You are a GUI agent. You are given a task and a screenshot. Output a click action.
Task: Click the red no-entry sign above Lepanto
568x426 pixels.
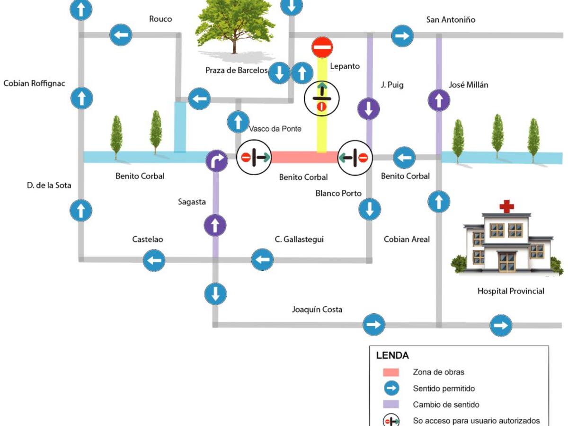point(322,48)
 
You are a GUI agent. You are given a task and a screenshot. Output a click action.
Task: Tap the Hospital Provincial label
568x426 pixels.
point(511,291)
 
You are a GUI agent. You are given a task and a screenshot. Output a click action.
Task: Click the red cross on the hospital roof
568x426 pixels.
point(506,206)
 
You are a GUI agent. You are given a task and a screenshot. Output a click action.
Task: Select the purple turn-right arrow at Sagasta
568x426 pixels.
point(216,161)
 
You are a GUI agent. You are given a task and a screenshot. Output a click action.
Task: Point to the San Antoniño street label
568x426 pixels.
point(451,20)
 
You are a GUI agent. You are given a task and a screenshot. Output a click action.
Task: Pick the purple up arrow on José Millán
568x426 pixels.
point(439,100)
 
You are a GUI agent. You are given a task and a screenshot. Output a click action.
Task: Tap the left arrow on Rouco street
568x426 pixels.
point(121,35)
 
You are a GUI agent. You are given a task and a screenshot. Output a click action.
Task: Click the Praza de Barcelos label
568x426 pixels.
point(236,71)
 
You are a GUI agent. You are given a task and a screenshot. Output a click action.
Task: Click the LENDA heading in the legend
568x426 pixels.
point(392,355)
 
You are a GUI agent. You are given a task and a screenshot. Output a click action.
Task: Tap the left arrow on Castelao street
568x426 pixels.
point(154,260)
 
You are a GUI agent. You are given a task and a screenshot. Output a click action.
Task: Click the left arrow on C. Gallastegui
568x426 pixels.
point(262,259)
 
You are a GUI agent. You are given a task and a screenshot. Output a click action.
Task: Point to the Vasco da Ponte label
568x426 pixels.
point(275,129)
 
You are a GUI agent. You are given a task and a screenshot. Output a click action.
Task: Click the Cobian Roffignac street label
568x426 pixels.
point(34,83)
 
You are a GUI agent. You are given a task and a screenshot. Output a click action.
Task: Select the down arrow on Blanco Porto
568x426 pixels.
point(370,209)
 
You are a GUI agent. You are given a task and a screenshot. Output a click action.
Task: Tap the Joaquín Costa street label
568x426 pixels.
point(317,310)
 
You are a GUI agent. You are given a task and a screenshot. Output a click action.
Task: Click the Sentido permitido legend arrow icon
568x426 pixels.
point(390,389)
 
